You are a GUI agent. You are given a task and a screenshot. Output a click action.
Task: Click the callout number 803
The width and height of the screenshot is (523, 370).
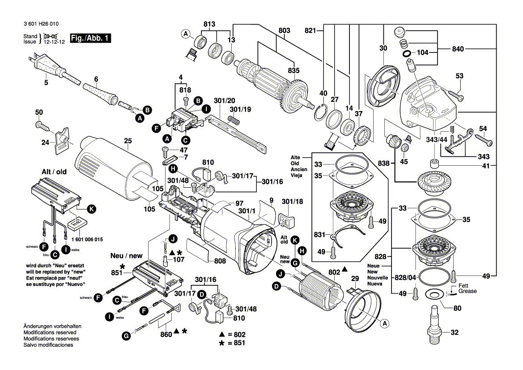[284, 30]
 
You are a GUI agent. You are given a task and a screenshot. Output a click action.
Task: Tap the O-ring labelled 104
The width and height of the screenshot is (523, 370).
[408, 54]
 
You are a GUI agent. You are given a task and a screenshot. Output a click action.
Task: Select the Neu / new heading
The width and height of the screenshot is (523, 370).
[126, 256]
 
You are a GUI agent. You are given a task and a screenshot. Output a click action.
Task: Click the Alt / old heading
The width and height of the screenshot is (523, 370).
[55, 171]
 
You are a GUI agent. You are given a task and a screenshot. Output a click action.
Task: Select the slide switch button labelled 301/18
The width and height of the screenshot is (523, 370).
[287, 220]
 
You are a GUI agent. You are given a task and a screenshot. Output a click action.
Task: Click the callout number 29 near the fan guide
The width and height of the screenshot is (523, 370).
[355, 279]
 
